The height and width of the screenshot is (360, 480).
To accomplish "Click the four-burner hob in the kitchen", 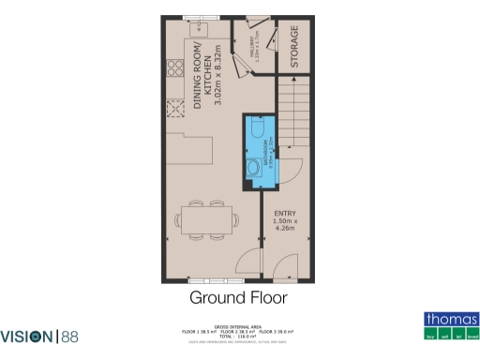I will pos(173,69).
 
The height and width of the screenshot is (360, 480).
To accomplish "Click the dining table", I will pos(205,221).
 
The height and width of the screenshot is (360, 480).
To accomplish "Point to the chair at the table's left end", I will pos(178,221).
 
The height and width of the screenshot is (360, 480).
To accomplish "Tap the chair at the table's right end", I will pos(233,221).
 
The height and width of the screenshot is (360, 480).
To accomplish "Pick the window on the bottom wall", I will pos(207,280).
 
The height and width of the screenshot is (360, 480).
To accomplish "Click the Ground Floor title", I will pos(238,299).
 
